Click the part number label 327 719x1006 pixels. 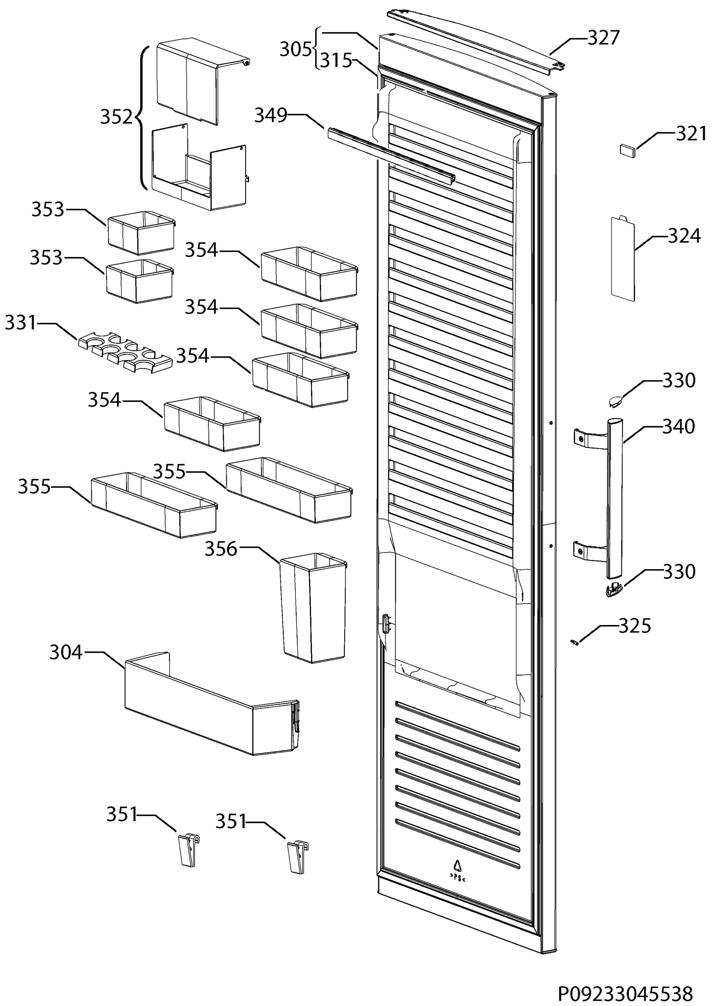click(603, 38)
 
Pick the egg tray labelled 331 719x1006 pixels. click(125, 352)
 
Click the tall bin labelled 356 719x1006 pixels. click(313, 608)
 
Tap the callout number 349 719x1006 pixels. click(270, 116)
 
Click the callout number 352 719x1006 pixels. click(117, 117)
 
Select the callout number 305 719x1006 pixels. click(296, 49)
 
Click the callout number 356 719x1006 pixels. click(221, 549)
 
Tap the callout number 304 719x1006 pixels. click(66, 652)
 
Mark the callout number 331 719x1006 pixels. click(21, 323)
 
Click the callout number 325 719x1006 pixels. click(634, 626)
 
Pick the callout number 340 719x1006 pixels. click(679, 427)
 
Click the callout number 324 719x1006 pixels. click(684, 236)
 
